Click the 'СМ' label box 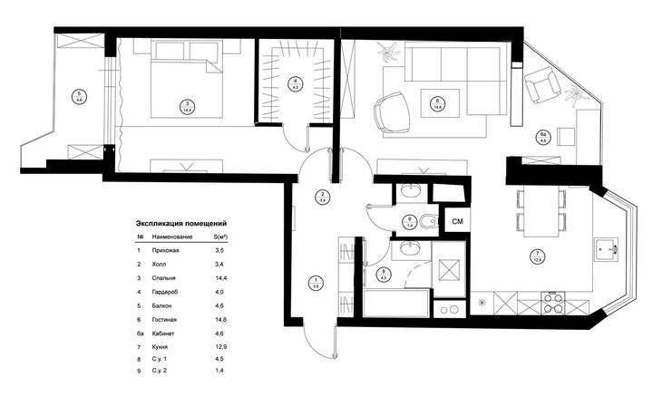coord(458,220)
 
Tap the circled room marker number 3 coord(186,106)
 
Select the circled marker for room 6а coord(543,137)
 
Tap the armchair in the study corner coord(542,87)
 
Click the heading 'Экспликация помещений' coord(180,222)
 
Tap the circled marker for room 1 coord(316,282)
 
